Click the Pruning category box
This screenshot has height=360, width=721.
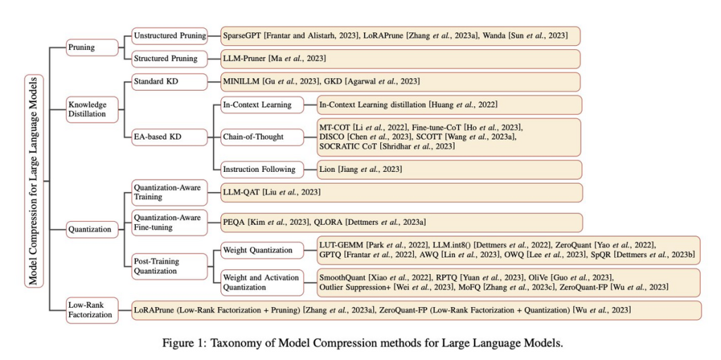point(92,47)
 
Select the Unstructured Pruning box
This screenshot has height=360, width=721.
point(169,35)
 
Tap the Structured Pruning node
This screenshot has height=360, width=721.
point(169,58)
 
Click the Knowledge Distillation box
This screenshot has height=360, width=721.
point(92,110)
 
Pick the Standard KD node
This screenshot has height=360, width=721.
point(169,82)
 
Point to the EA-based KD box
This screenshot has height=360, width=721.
point(169,137)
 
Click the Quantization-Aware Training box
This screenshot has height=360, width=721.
point(169,192)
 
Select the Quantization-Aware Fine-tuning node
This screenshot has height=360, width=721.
point(169,222)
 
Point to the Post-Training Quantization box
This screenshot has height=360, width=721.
point(169,266)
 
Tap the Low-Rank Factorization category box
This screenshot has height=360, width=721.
point(92,309)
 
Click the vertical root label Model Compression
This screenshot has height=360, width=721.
point(34,181)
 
